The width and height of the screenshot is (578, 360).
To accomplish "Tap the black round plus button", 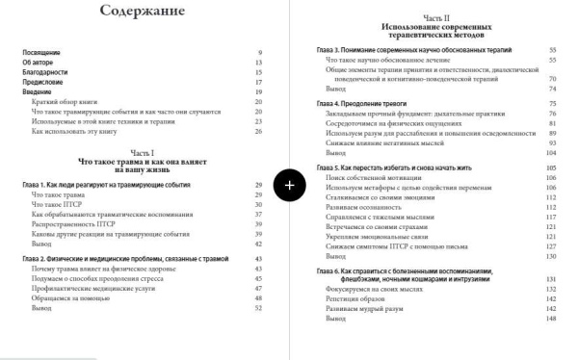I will pos(290,184).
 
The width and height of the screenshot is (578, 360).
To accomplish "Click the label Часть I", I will pos(143,154).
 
